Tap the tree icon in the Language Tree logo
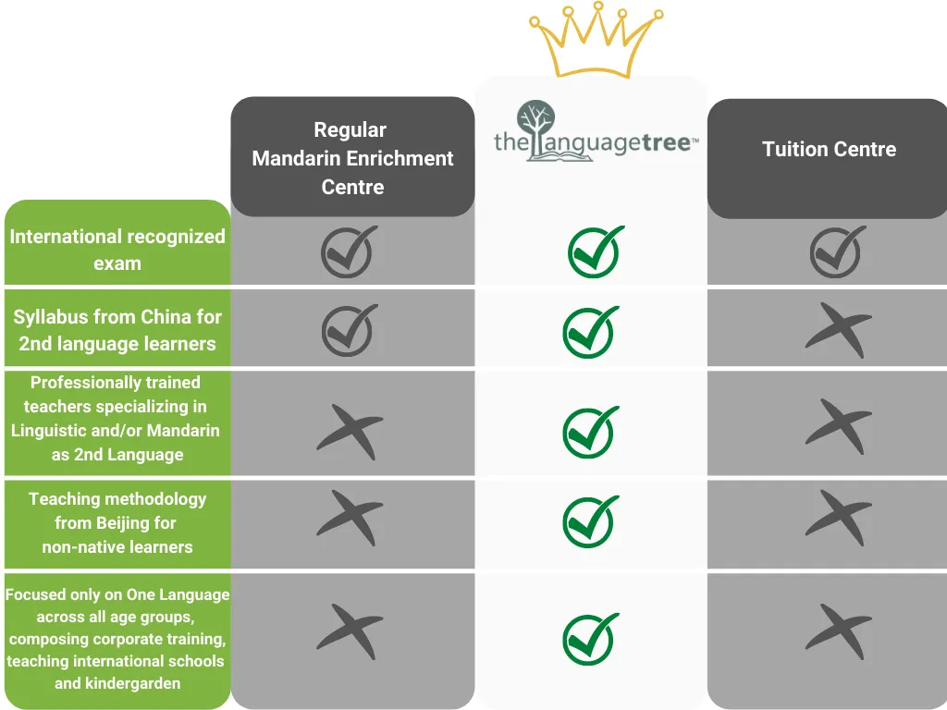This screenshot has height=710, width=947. [x=537, y=126]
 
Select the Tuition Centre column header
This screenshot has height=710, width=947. [x=829, y=150]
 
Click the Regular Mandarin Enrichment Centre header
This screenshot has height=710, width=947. [x=352, y=158]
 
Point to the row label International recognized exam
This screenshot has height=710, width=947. [x=117, y=249]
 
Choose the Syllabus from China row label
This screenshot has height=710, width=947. [x=117, y=330]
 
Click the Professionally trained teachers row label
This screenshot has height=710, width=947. [x=116, y=418]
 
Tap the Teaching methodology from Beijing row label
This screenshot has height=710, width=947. [x=117, y=522]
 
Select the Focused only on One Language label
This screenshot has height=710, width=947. [x=117, y=639]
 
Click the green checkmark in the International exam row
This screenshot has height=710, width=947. [x=596, y=251]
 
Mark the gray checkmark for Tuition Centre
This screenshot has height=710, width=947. [x=838, y=251]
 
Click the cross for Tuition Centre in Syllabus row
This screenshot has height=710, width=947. [x=838, y=330]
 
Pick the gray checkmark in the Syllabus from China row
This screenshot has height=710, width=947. [x=350, y=330]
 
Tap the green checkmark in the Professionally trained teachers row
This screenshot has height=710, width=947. [x=592, y=431]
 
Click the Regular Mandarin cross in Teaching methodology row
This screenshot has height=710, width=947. [x=349, y=518]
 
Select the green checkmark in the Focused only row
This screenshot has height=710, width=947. [x=592, y=637]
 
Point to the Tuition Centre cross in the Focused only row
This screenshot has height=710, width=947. [x=838, y=631]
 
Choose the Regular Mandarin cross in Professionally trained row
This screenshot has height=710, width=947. [x=349, y=431]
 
